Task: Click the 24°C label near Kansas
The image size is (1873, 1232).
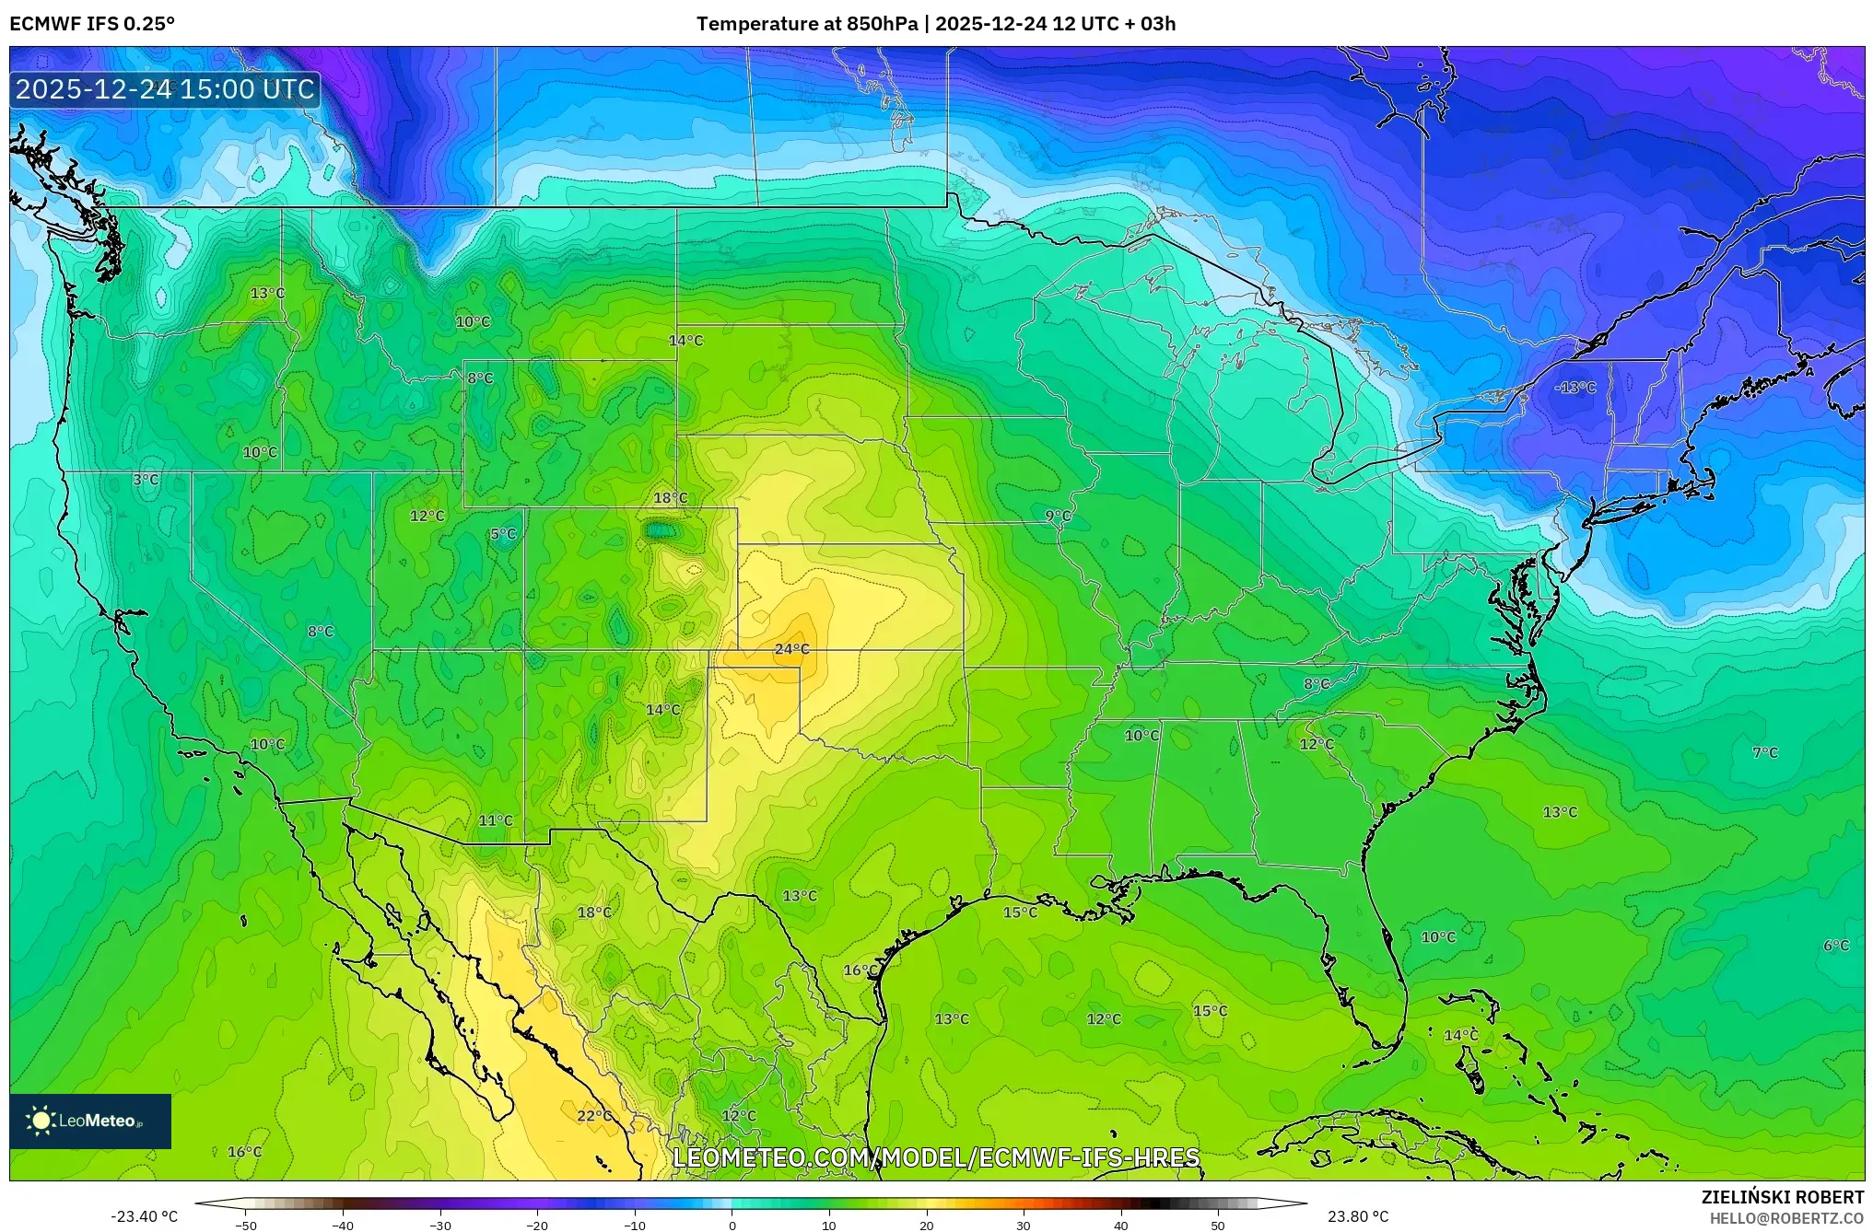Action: (791, 649)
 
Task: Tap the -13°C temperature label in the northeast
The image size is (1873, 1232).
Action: (1574, 388)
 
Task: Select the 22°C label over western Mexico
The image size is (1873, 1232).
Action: (594, 1116)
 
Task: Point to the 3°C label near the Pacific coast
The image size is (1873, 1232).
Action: (146, 480)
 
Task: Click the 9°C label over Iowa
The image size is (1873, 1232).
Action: (1058, 516)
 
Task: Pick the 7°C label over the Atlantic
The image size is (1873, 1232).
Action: (1764, 752)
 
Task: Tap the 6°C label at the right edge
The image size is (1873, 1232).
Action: (1835, 946)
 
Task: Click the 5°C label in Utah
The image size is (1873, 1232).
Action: (503, 534)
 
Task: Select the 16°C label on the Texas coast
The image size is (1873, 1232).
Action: (860, 970)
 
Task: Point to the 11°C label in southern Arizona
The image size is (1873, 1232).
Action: (495, 820)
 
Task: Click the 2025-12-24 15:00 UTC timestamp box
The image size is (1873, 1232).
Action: (165, 89)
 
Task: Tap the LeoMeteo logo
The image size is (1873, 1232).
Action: (89, 1121)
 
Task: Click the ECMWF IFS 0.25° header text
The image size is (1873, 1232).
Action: (92, 24)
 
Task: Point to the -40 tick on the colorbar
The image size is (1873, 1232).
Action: (343, 1226)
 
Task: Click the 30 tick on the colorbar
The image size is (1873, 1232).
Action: (1024, 1226)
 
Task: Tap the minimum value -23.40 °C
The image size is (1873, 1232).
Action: (144, 1217)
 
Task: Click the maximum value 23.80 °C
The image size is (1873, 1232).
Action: (1358, 1217)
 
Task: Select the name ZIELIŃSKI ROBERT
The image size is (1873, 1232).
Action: (1782, 1197)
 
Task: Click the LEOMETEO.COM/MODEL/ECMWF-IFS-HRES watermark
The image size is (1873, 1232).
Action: (936, 1157)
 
